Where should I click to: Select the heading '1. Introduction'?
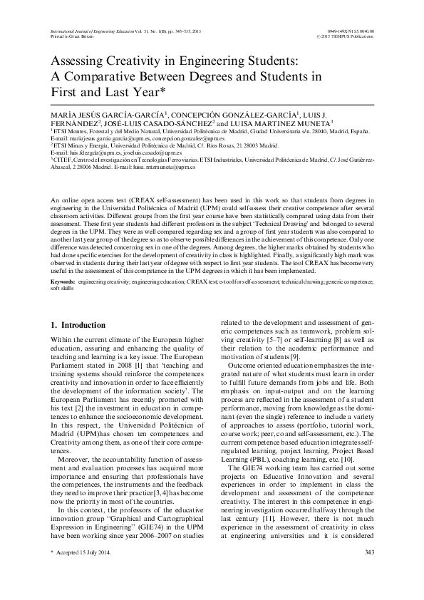pos(80,325)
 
